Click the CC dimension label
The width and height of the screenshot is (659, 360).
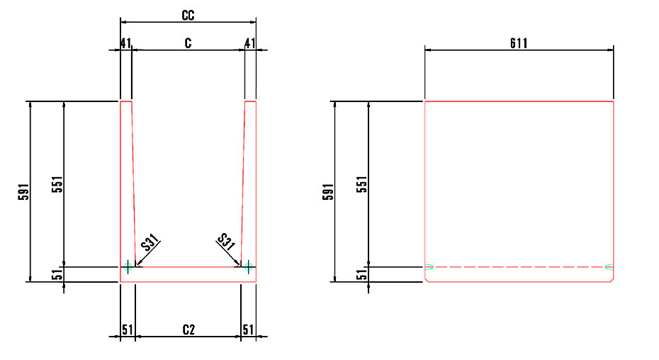point(188,16)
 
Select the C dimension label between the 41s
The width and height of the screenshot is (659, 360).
point(188,43)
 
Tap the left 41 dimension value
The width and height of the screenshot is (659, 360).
point(125,43)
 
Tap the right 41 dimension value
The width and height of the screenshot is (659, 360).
point(250,43)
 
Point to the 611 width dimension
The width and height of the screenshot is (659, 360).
point(519,43)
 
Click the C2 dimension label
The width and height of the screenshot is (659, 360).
point(188,330)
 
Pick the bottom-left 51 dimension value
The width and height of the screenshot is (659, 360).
point(128,330)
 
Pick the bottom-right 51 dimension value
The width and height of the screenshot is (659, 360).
point(249,330)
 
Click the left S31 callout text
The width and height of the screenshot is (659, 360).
point(150,242)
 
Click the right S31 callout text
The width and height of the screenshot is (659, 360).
point(226,242)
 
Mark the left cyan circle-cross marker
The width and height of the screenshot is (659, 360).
point(128,266)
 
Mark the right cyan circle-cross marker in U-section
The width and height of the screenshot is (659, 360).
point(249,266)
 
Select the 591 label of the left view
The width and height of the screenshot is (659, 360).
point(24,192)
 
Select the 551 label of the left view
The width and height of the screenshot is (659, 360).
point(57,184)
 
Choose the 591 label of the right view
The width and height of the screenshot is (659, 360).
point(328,192)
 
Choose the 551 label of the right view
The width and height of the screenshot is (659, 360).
point(362,184)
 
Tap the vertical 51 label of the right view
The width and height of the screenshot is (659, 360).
point(362,275)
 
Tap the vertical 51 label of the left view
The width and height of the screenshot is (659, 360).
point(57,275)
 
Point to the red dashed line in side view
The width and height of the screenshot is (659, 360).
point(519,266)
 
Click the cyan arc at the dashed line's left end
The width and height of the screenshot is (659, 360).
point(429,266)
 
